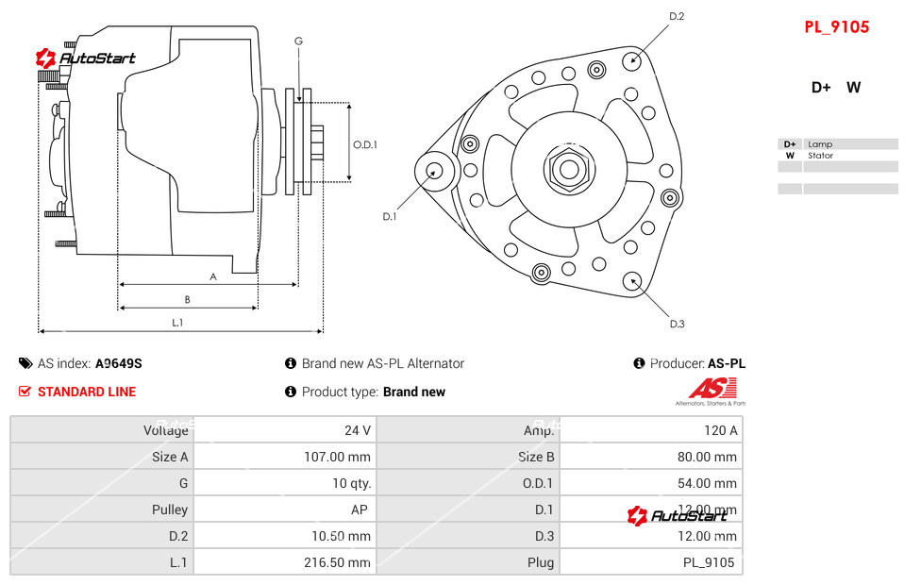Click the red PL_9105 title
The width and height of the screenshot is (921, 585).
(836, 26)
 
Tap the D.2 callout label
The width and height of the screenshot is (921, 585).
(677, 16)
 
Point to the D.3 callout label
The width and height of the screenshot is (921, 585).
(677, 324)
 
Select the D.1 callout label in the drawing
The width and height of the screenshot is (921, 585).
(389, 216)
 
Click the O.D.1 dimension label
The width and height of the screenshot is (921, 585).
(365, 144)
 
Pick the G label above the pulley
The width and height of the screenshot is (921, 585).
(298, 41)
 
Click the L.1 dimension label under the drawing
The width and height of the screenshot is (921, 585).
(177, 323)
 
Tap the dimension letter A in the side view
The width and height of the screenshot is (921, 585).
(213, 276)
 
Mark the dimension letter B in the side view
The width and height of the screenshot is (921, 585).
(187, 300)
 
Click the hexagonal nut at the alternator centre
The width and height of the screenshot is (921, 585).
(568, 170)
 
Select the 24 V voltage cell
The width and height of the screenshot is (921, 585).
(357, 430)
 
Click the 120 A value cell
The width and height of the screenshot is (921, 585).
(720, 430)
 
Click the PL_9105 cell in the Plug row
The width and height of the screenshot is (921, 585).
(709, 562)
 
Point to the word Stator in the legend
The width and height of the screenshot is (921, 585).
(820, 156)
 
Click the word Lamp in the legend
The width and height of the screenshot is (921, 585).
(819, 144)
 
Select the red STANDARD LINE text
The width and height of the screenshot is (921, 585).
(87, 392)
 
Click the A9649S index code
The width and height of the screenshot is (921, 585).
(119, 363)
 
